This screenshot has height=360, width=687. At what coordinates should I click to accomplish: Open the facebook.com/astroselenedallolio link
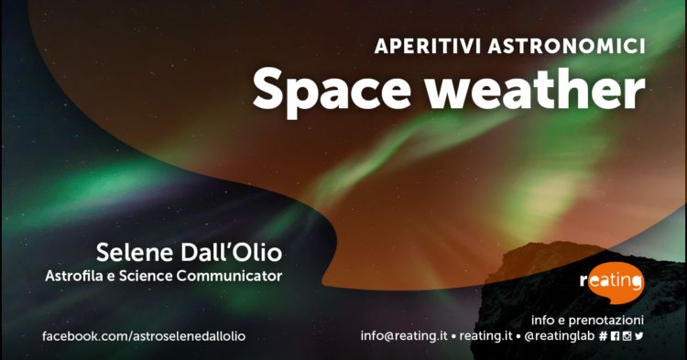(144, 336)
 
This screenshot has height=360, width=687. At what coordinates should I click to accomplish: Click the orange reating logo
(612, 281)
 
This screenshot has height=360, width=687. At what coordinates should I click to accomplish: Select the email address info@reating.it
(404, 336)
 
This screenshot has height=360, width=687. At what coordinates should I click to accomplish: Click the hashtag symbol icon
(603, 336)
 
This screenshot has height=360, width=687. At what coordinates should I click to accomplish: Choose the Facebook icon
(615, 336)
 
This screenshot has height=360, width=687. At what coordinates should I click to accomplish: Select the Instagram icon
(627, 336)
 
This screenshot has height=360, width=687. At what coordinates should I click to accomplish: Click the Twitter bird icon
(638, 336)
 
